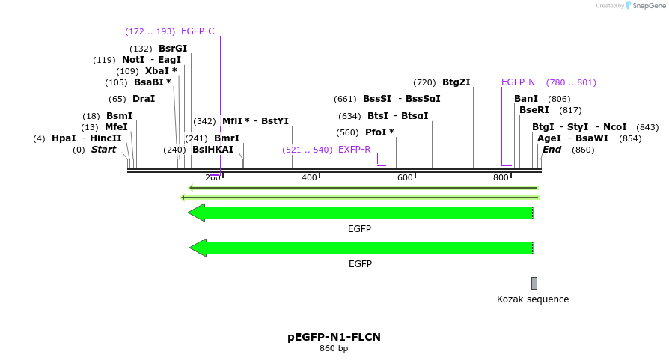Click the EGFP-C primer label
[198, 31]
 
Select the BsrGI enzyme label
[173, 49]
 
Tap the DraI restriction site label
[144, 99]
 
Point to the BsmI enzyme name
[119, 116]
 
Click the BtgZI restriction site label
[456, 82]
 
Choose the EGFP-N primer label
[518, 82]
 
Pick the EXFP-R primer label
[355, 150]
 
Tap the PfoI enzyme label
[379, 132]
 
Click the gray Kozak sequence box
[534, 283]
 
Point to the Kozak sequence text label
[533, 299]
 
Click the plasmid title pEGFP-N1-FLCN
[334, 337]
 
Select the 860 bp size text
[334, 348]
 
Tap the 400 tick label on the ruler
[309, 177]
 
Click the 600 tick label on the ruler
[405, 177]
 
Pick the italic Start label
[103, 150]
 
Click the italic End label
[552, 150]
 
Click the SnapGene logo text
[649, 6]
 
